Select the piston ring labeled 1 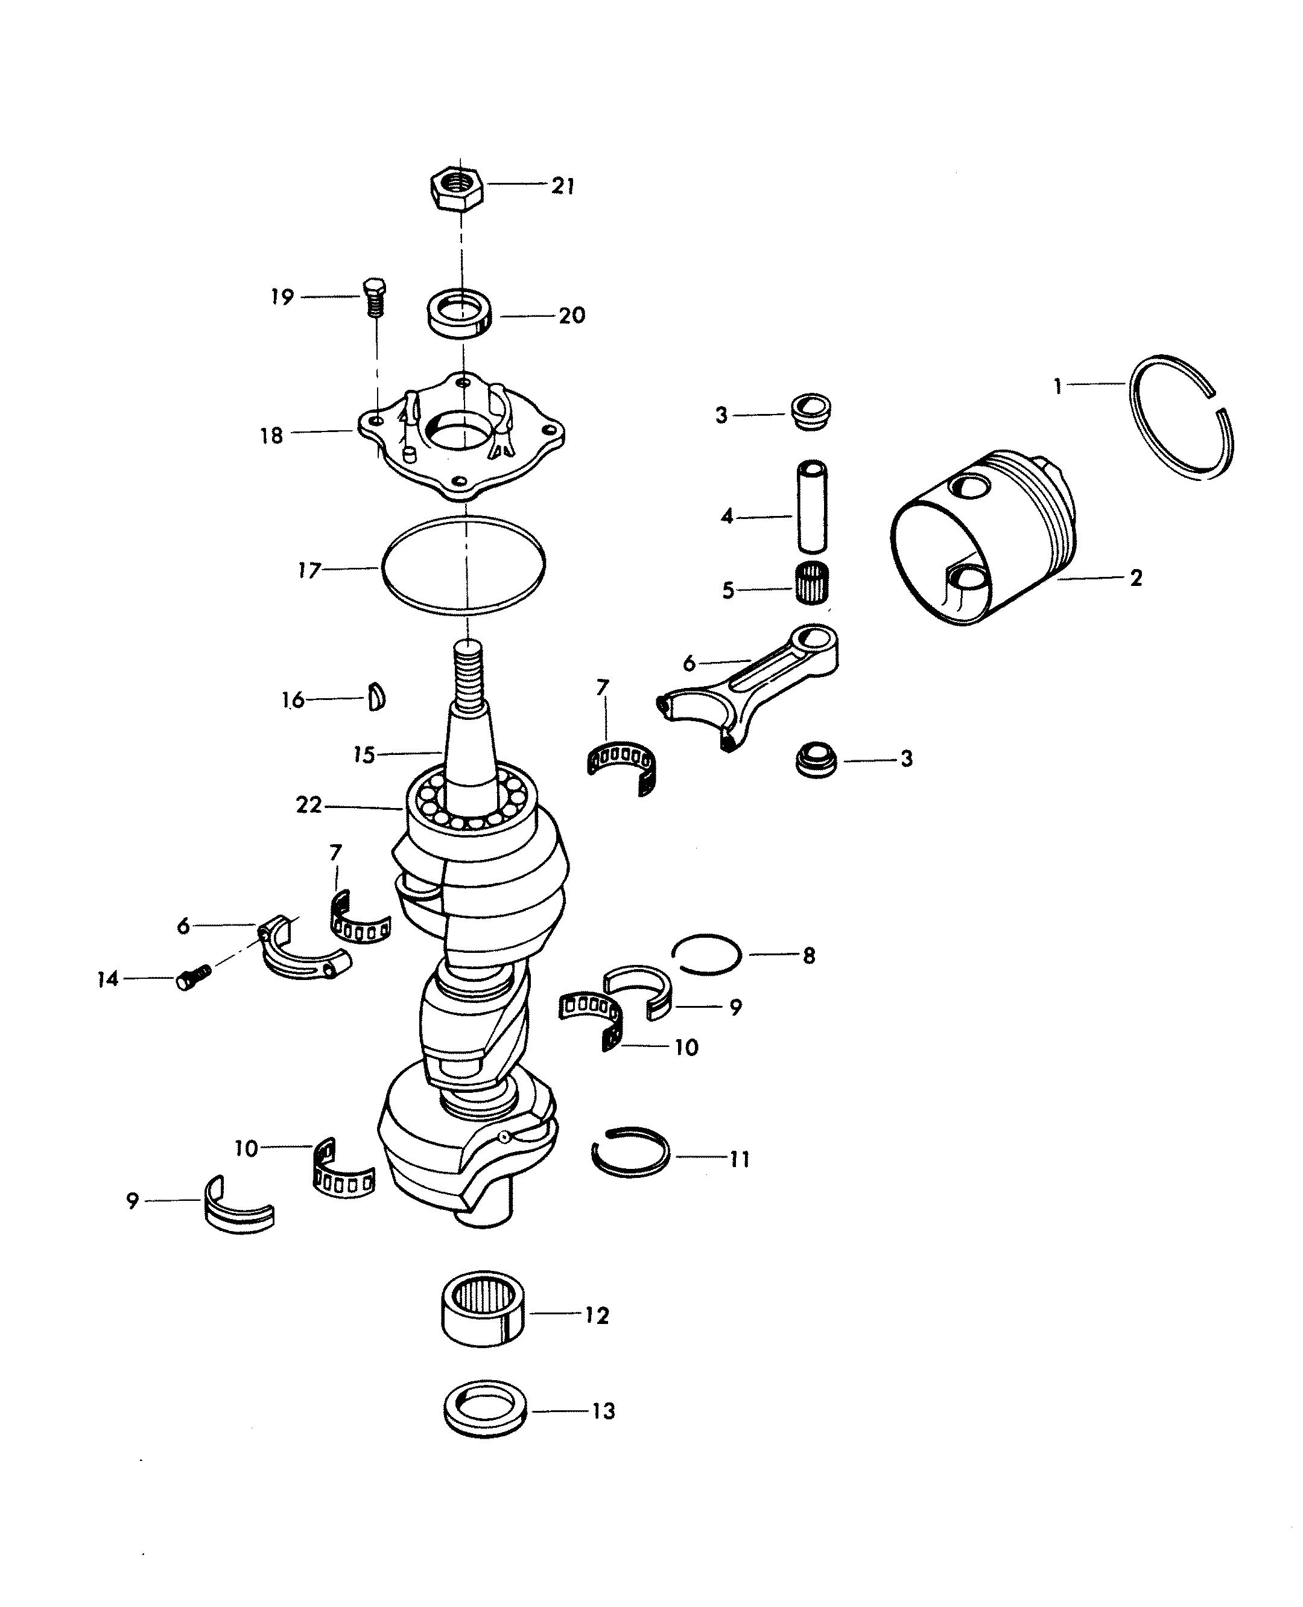coord(1181,417)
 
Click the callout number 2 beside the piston coord(1136,578)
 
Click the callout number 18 coord(271,436)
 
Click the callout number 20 coord(572,316)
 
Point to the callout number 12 coord(597,1315)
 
